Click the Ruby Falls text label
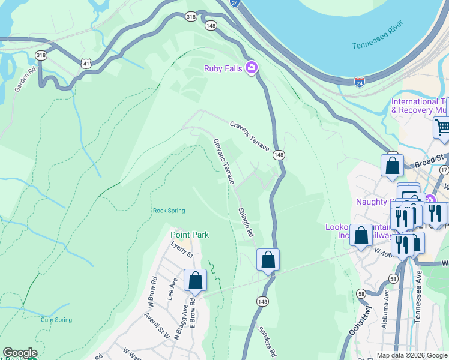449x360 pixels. tap(223, 68)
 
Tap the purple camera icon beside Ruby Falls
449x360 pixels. tap(252, 68)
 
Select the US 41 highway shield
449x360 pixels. tap(87, 62)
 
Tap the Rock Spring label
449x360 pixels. tap(169, 211)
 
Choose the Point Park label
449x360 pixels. tap(190, 235)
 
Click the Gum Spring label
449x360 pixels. tap(56, 320)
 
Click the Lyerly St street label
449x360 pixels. tap(182, 251)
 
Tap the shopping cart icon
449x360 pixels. tap(442, 127)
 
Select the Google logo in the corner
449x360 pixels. tap(20, 353)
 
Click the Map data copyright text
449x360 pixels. tap(412, 355)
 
